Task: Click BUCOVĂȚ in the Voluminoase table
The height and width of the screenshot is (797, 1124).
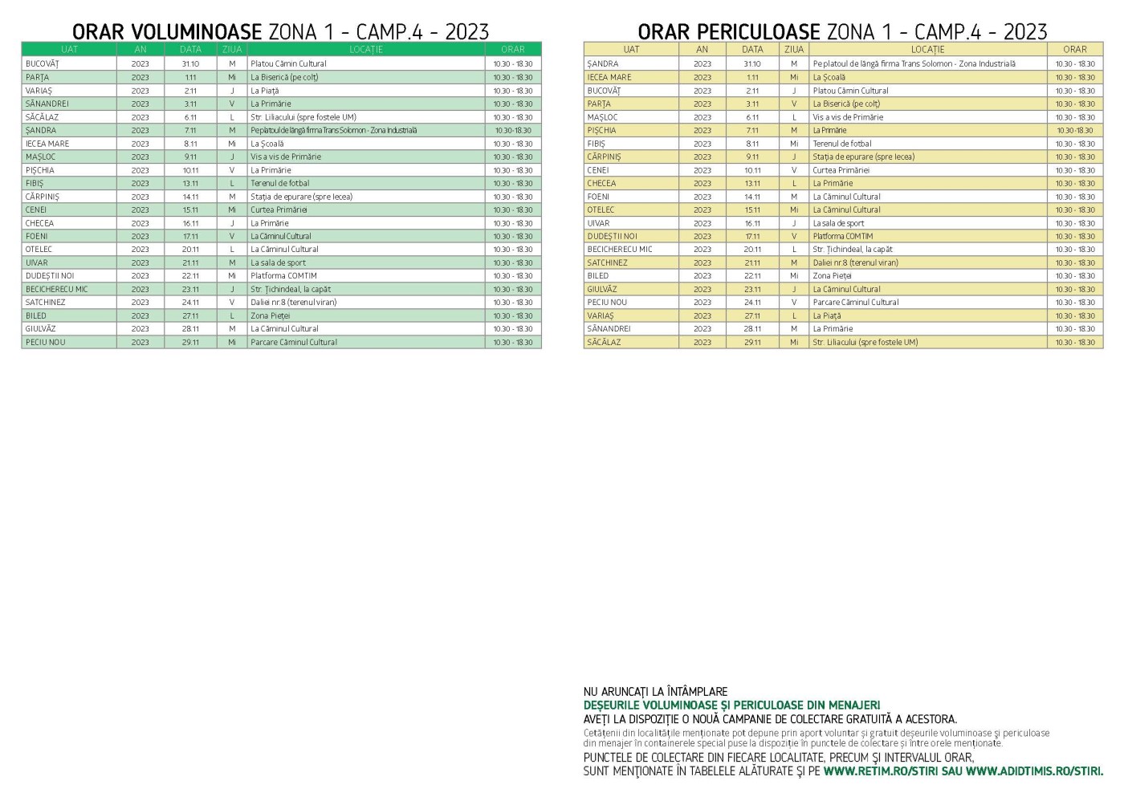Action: [x=42, y=63]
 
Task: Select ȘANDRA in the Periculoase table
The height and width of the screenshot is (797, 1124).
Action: [x=603, y=63]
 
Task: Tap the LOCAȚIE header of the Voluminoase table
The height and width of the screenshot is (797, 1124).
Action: [x=365, y=49]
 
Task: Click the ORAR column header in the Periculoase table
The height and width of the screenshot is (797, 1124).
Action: [x=1074, y=49]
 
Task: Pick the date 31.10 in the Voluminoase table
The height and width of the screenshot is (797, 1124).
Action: [x=190, y=63]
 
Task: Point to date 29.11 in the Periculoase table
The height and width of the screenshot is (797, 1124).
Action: [x=752, y=342]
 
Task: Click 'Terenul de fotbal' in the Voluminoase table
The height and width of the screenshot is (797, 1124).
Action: [x=279, y=183]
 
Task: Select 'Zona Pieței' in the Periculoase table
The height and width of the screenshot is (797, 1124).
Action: [x=832, y=275]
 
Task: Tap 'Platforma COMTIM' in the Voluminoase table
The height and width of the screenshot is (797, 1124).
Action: [x=283, y=275]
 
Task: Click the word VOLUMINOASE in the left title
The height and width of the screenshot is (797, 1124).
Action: [x=196, y=31]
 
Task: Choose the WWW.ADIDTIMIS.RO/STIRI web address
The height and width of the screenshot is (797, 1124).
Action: [x=1034, y=771]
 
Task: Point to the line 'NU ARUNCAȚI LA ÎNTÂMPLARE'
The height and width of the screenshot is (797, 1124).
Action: [x=655, y=692]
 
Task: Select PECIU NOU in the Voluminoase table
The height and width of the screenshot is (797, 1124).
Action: [x=45, y=342]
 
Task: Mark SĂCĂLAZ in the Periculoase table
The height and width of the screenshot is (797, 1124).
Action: [x=604, y=342]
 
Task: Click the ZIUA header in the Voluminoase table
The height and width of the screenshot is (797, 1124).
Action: [x=232, y=49]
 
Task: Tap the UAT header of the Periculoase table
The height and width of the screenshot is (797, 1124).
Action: [x=631, y=49]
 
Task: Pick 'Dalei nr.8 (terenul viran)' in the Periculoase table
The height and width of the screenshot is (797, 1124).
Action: [x=855, y=262]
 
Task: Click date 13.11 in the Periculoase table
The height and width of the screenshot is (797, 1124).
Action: [x=752, y=183]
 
